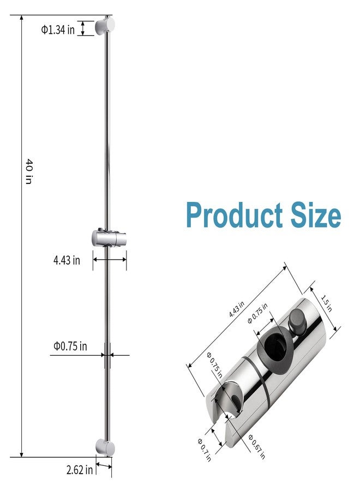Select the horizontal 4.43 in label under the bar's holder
(x=67, y=260)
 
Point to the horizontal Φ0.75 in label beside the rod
(x=70, y=346)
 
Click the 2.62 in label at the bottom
(x=80, y=469)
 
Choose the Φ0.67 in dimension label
(x=256, y=446)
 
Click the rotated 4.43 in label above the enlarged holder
(x=237, y=310)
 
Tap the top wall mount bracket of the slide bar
(x=105, y=26)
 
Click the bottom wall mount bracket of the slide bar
(x=105, y=447)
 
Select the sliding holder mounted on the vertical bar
(x=109, y=238)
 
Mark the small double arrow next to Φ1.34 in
(x=83, y=28)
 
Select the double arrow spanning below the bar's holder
(x=110, y=260)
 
